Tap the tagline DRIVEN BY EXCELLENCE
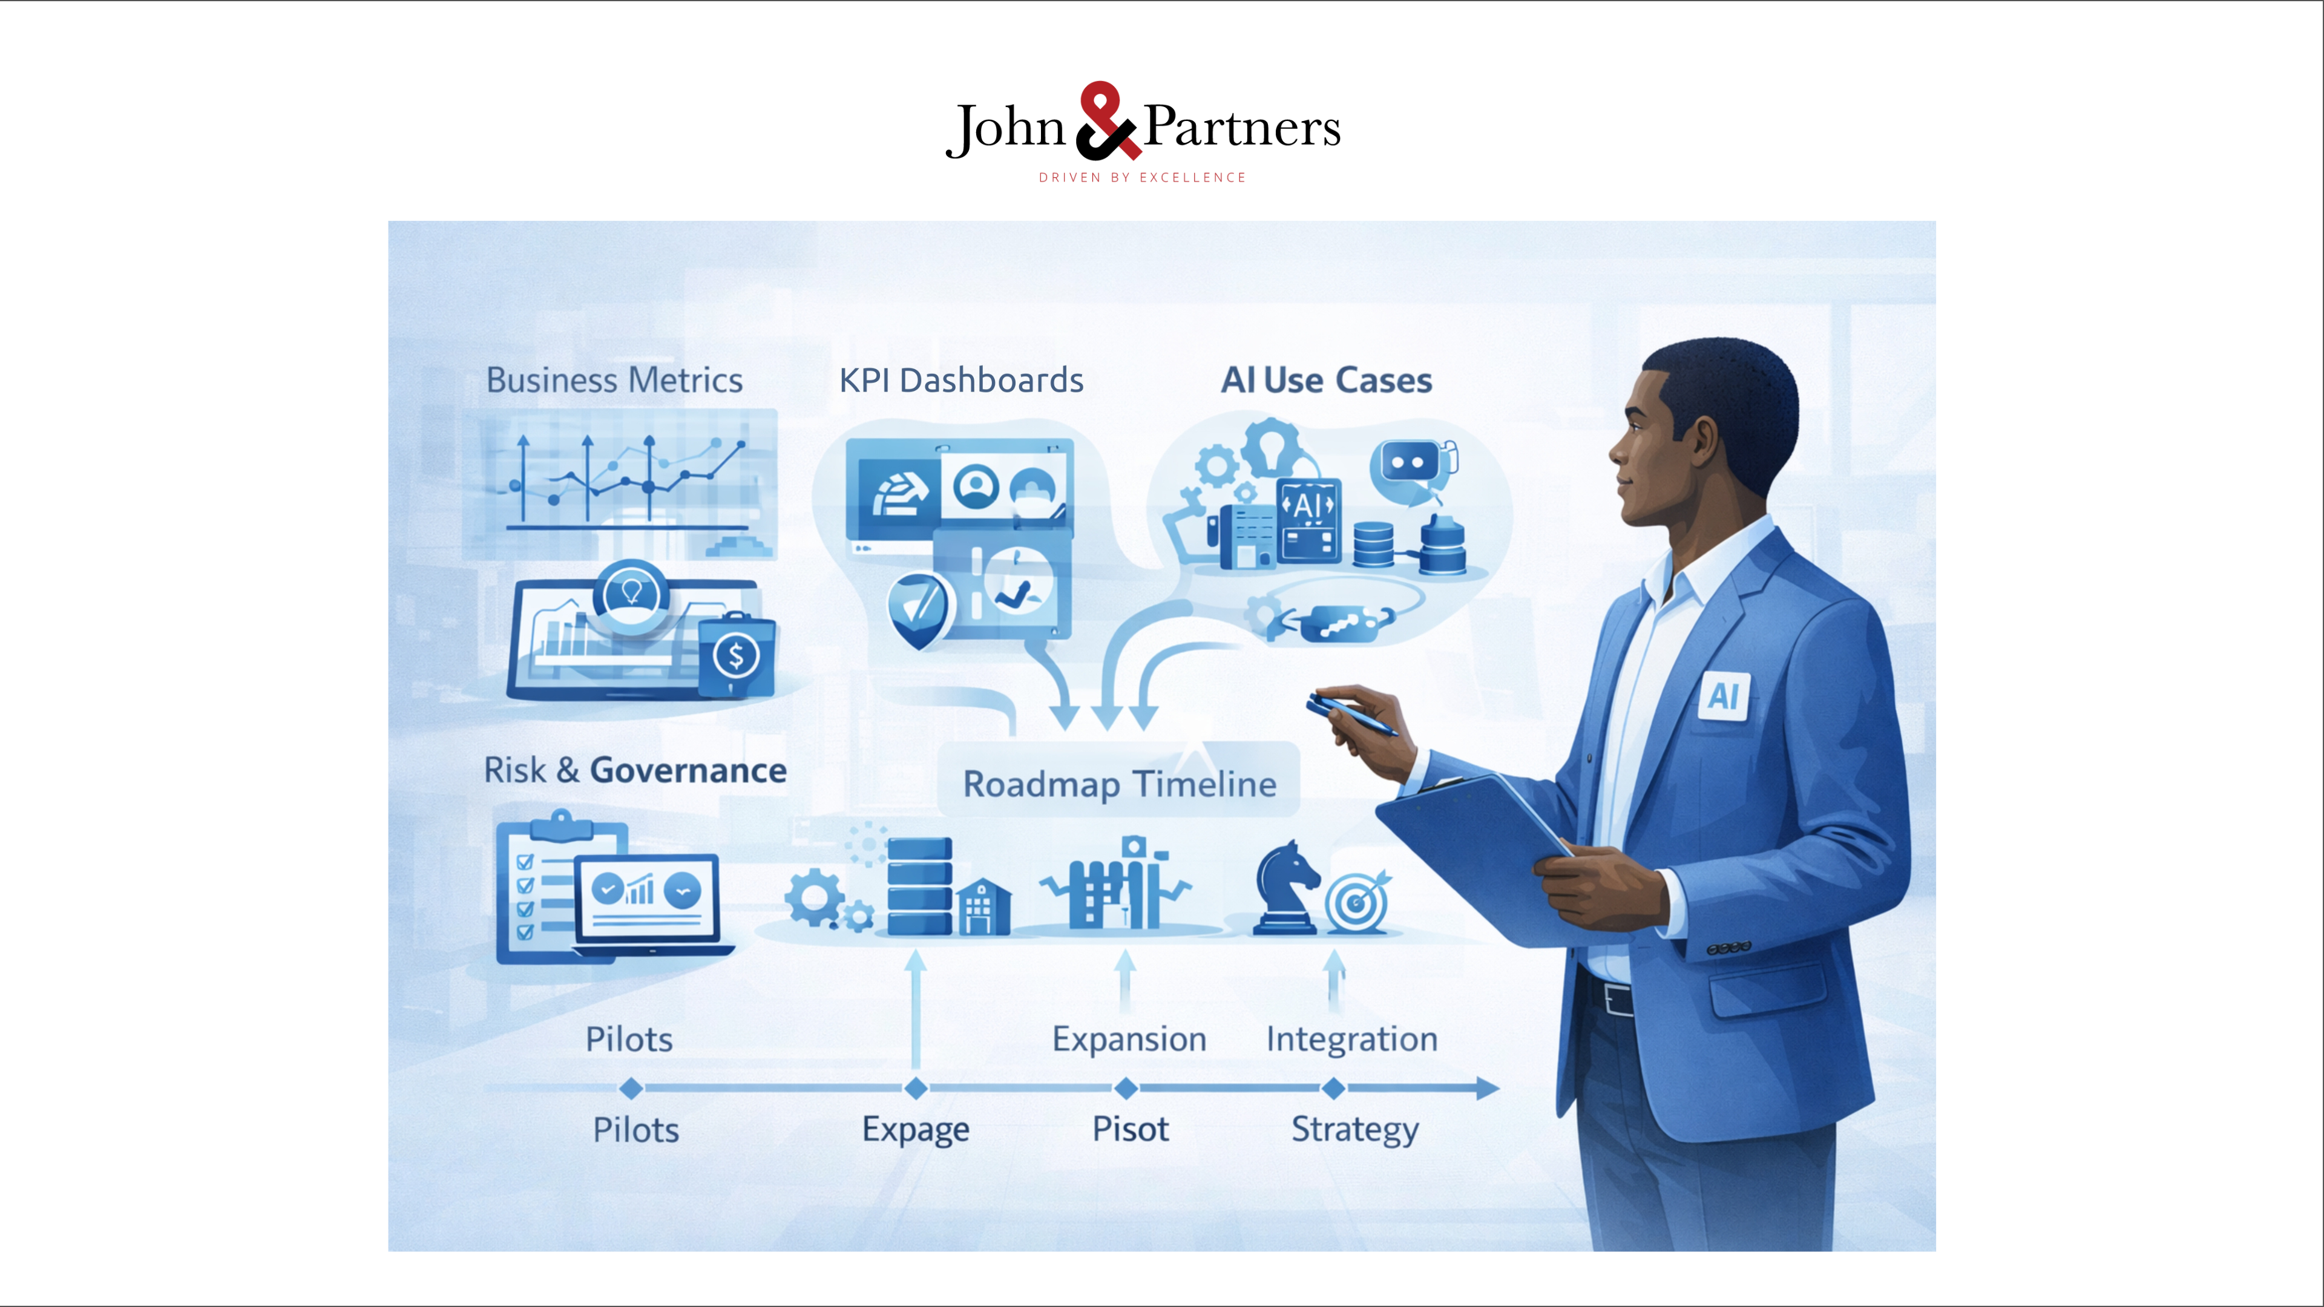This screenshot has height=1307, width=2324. point(1142,178)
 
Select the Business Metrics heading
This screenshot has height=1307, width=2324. point(614,381)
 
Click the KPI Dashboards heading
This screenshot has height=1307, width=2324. point(961,381)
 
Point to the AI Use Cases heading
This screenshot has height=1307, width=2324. point(1326,381)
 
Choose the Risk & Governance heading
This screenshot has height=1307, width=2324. point(635,770)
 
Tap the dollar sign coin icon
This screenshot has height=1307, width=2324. point(735,656)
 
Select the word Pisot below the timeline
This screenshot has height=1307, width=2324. point(1131,1128)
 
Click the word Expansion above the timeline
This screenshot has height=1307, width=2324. point(1129,1040)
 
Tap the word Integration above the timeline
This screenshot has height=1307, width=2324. point(1351,1040)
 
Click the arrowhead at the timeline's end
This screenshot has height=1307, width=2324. point(1488,1089)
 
